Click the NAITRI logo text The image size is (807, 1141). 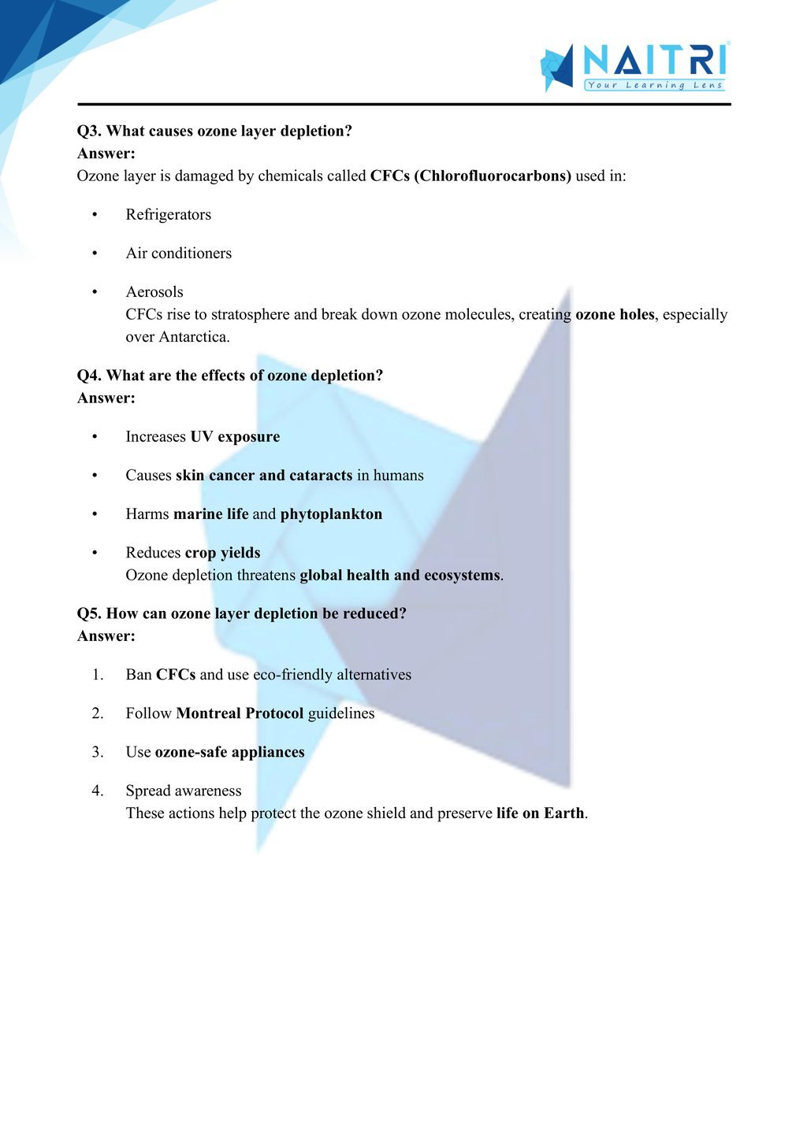(653, 60)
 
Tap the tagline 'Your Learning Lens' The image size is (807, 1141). (654, 85)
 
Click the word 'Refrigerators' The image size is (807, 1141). (168, 215)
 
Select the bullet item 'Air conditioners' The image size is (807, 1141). (178, 254)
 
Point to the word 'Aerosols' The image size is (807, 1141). (154, 292)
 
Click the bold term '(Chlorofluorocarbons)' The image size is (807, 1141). (493, 176)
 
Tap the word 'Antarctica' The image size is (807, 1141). (193, 337)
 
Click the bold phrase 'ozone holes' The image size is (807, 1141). (615, 314)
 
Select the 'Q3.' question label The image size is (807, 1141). (89, 132)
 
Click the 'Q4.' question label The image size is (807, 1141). (89, 376)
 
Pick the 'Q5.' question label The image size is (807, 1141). (89, 613)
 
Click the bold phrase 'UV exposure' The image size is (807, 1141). (235, 437)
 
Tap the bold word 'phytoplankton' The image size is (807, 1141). (331, 514)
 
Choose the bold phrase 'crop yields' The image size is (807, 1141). (222, 553)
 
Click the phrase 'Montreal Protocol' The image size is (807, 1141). (240, 713)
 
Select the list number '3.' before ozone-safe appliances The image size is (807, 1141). (97, 752)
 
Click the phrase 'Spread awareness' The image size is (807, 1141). (184, 791)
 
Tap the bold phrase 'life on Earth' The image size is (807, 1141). (541, 813)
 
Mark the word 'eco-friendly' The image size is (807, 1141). (292, 675)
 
